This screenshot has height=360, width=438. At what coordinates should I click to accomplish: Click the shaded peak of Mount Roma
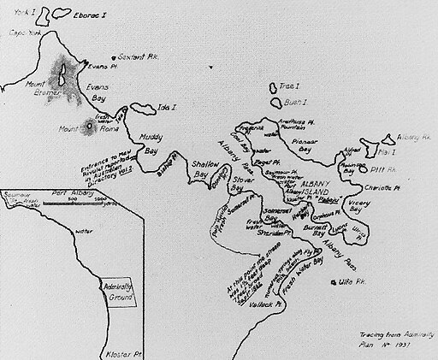[92, 128]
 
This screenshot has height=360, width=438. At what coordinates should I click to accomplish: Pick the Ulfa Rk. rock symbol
[329, 280]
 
